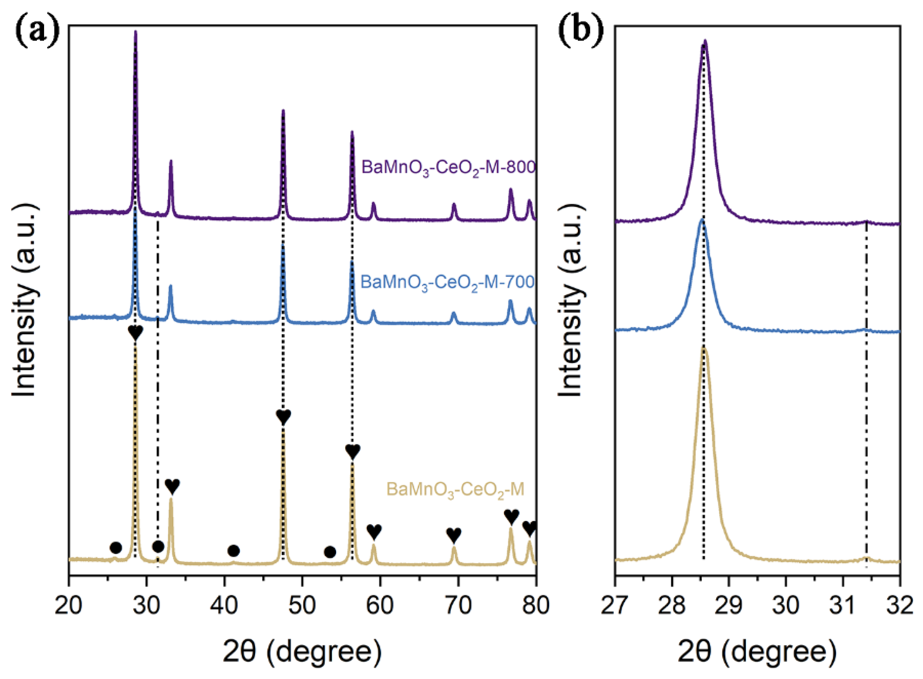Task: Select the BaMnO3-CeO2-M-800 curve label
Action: pos(448,168)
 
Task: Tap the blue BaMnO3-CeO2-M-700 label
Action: pos(447,283)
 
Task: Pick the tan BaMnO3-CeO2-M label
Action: pos(455,490)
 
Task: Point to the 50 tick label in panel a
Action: pos(302,606)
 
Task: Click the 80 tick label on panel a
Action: pos(535,606)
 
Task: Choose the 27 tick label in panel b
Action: pos(615,606)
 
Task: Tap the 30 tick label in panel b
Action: pos(785,606)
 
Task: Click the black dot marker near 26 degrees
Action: pos(116,547)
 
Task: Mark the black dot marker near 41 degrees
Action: pos(233,551)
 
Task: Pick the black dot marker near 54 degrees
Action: pos(330,552)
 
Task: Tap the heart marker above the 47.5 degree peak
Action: pos(284,417)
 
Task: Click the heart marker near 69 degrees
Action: pos(454,535)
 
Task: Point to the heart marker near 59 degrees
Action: pos(374,531)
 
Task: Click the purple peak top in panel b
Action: pos(705,41)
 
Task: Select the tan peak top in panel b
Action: pos(704,348)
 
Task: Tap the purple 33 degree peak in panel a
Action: pos(171,162)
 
